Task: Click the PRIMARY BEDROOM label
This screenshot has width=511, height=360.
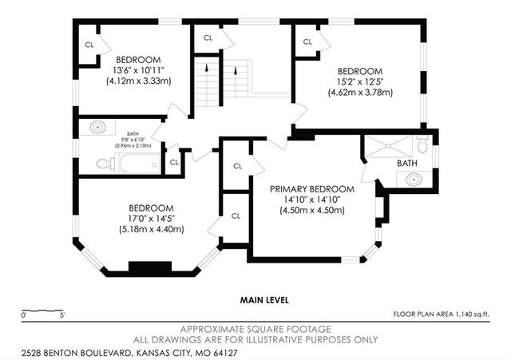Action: tap(312, 189)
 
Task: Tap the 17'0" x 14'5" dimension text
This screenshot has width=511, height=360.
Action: tap(152, 219)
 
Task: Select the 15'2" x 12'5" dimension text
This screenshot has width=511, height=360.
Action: tap(360, 81)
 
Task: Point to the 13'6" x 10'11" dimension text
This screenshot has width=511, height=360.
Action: tap(138, 70)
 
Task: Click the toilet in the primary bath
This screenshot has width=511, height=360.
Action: tap(422, 144)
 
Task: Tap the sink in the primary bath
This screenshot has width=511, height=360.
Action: tap(414, 179)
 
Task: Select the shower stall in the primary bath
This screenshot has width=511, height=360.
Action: tap(388, 147)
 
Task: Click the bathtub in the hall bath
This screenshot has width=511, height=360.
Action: tap(141, 163)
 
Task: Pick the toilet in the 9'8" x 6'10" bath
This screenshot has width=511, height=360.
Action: tap(105, 164)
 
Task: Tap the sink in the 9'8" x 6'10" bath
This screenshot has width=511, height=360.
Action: tap(97, 127)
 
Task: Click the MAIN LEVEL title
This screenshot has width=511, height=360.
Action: tap(264, 300)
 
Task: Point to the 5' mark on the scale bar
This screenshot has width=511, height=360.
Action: tap(62, 315)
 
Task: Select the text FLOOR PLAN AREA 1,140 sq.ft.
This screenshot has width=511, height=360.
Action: tap(442, 315)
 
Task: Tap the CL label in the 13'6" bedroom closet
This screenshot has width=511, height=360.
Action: tap(89, 45)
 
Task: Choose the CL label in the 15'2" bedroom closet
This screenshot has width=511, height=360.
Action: tap(307, 42)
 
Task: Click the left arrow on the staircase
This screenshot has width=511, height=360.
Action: tap(207, 68)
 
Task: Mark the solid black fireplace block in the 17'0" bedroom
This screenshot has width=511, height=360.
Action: tap(150, 266)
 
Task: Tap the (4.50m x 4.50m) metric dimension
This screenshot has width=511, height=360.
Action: tap(312, 211)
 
